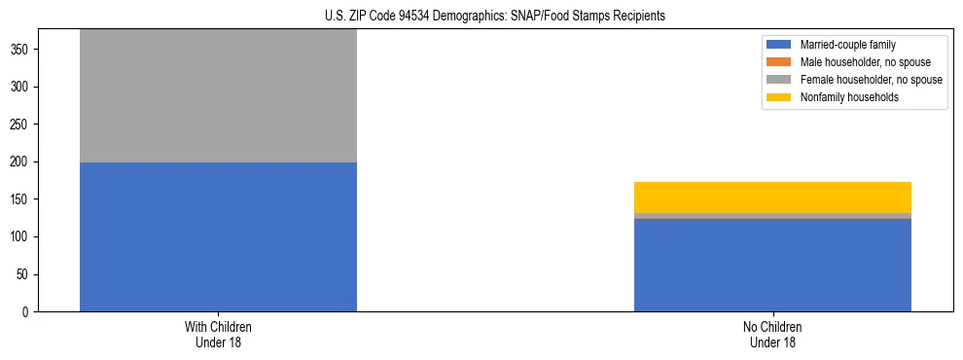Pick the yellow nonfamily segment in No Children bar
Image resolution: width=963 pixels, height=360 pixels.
point(772,198)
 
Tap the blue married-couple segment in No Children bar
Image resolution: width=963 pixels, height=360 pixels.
point(772,265)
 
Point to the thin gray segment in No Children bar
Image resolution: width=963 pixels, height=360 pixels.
point(772,216)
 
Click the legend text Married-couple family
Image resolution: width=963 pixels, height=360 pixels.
point(847,45)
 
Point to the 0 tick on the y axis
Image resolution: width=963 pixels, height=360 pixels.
point(27,312)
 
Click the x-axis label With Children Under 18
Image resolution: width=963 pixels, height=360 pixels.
point(218,335)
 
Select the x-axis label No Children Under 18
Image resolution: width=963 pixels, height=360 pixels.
point(772,335)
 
